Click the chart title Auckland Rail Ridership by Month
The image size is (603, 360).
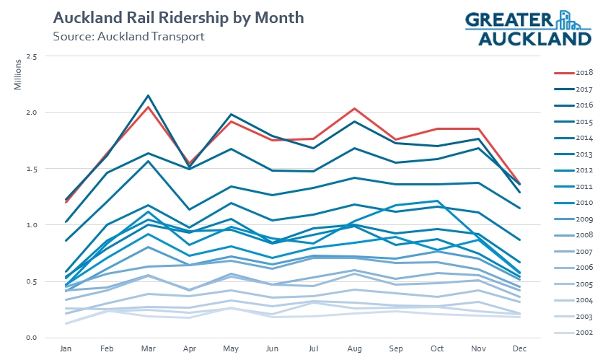(178, 17)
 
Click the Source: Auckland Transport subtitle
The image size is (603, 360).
(128, 35)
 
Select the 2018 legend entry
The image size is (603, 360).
(574, 73)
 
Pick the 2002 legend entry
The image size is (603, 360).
(574, 333)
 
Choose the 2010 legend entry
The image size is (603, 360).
(574, 203)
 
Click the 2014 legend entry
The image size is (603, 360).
(574, 138)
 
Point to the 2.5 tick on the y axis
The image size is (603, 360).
(31, 56)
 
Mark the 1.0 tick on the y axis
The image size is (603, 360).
(31, 225)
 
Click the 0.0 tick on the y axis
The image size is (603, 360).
(31, 338)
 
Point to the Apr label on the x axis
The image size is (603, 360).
(188, 349)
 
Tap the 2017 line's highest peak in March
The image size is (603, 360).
(148, 95)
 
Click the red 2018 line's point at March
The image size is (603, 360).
(148, 107)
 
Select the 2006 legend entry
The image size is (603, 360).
(574, 268)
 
